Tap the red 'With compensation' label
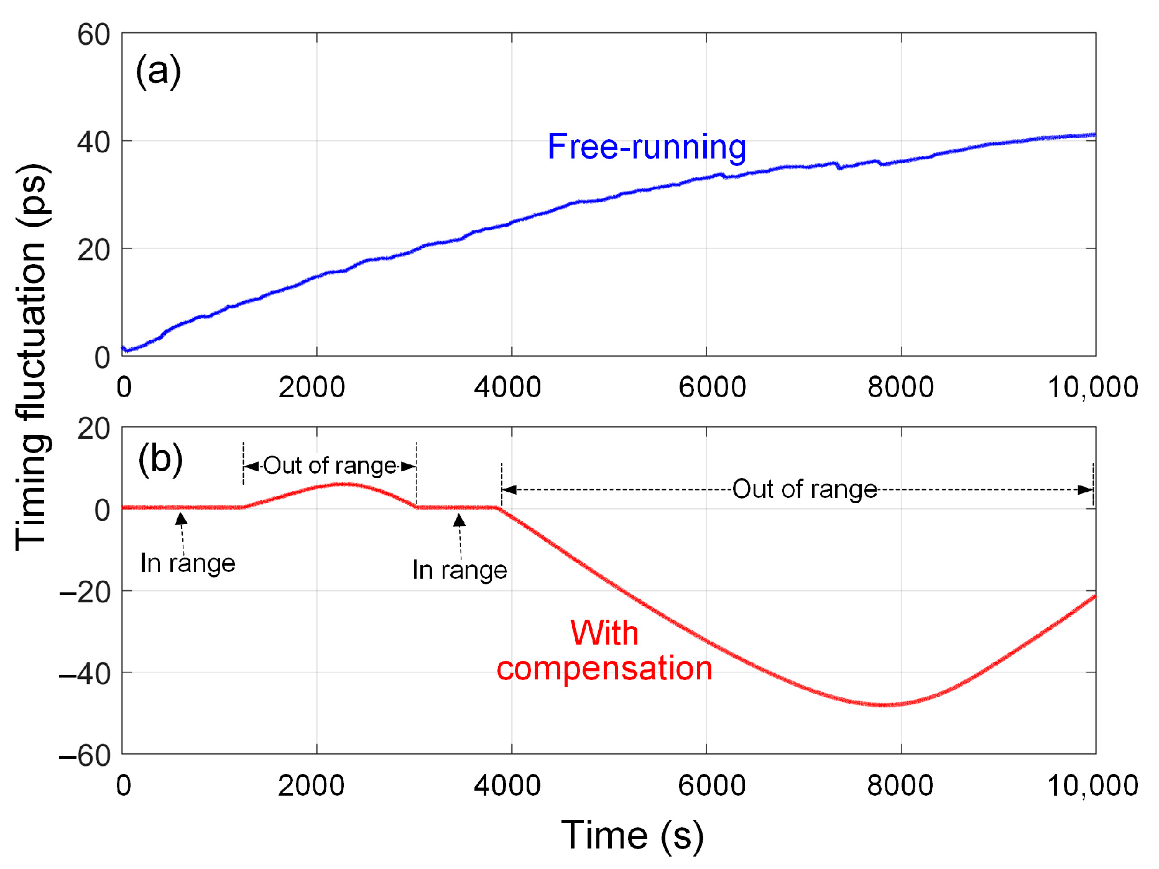click(604, 651)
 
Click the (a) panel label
click(158, 71)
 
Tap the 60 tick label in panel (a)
click(94, 35)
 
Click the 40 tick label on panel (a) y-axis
click(94, 142)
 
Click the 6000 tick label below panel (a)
click(712, 387)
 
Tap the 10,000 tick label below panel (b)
click(1092, 786)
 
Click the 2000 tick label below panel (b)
click(311, 786)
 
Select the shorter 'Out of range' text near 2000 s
click(330, 466)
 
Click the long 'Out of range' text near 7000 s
click(805, 489)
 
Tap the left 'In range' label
click(188, 563)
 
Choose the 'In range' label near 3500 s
click(459, 570)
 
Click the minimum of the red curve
click(883, 705)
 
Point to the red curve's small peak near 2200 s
click(341, 484)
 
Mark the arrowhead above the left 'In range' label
click(181, 519)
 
